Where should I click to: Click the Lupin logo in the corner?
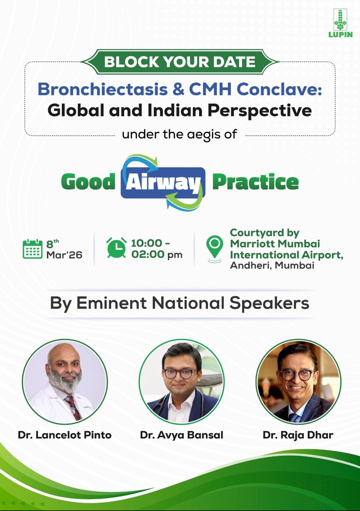click(x=340, y=23)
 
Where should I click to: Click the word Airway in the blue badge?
click(x=163, y=182)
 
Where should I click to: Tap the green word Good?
click(x=88, y=181)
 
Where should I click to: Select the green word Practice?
click(x=255, y=181)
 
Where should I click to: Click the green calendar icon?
click(x=33, y=249)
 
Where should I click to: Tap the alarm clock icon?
click(x=116, y=248)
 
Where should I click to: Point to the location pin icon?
click(x=214, y=249)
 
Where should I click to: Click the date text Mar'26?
click(x=64, y=255)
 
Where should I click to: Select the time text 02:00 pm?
click(x=157, y=254)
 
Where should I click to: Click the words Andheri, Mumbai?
click(x=272, y=265)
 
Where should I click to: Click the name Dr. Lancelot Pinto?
click(x=65, y=435)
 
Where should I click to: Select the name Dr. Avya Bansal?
click(x=182, y=435)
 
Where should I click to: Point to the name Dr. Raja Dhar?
click(x=298, y=435)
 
